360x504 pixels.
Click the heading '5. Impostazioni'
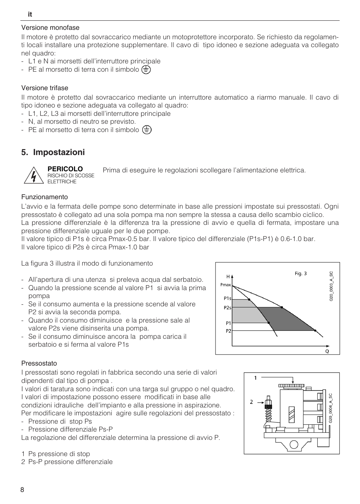[x=53, y=152]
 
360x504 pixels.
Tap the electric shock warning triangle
[x=34, y=175]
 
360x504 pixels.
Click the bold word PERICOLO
[x=65, y=169]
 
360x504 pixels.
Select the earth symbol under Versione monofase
[x=146, y=70]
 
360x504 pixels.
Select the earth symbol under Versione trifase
[x=147, y=130]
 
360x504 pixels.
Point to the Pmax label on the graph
[x=226, y=285]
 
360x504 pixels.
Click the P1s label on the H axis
[x=227, y=298]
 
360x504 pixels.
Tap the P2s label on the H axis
[x=227, y=308]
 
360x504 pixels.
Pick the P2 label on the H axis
[x=228, y=331]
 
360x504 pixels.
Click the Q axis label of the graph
[x=327, y=351]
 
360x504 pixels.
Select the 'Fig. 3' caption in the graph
[x=301, y=274]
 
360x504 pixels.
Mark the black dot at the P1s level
[x=249, y=299]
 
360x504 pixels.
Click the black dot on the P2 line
[x=315, y=330]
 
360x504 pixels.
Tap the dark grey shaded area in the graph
[x=287, y=319]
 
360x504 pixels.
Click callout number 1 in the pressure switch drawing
[x=255, y=378]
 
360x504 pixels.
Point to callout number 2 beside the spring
[x=251, y=402]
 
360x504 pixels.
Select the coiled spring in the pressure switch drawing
[x=268, y=415]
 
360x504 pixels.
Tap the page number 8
[x=22, y=490]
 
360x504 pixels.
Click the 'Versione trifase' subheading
[x=45, y=88]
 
